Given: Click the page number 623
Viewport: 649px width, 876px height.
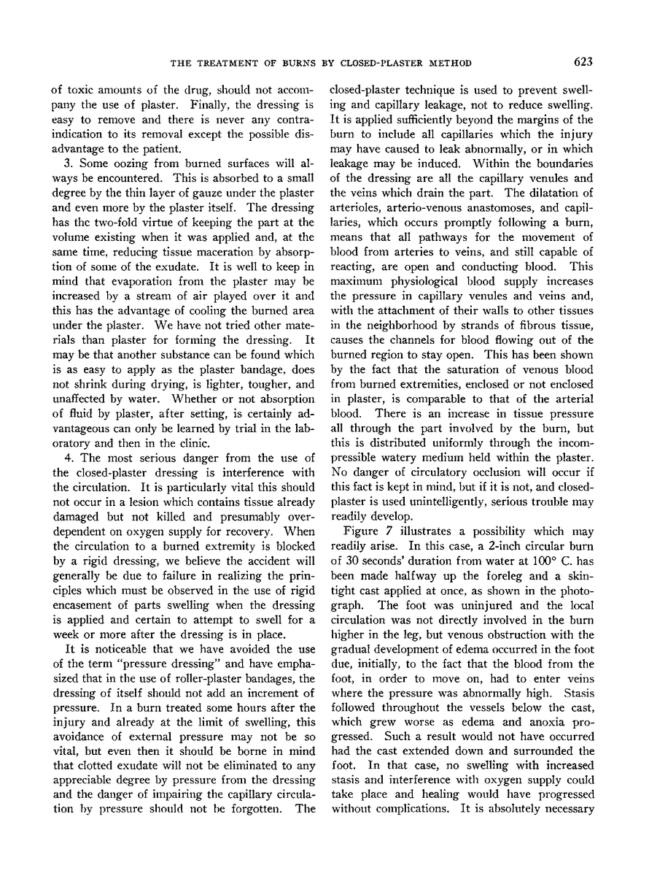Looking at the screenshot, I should coord(581,62).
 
